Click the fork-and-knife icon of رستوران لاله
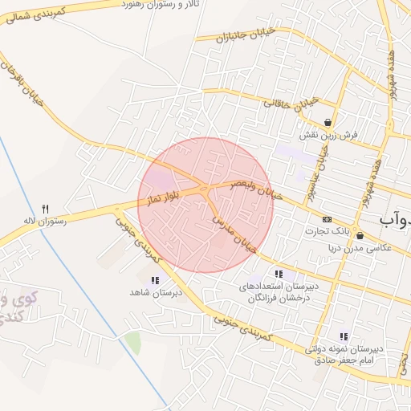(x=46, y=207)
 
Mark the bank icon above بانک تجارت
(x=326, y=219)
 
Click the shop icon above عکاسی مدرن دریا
(x=359, y=236)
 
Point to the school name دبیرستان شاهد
(x=152, y=293)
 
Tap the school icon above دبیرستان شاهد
(x=154, y=280)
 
